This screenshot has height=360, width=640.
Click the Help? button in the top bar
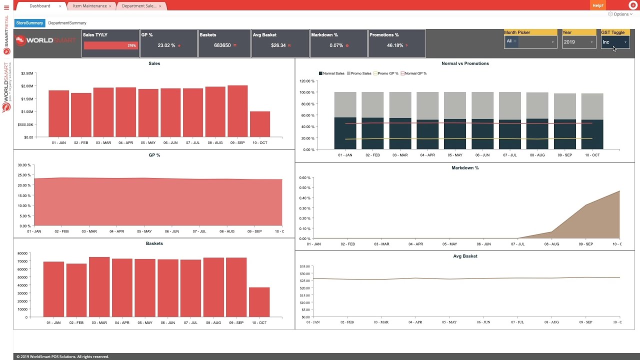[597, 5]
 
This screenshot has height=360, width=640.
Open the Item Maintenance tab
[89, 6]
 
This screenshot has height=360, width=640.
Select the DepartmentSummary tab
[67, 23]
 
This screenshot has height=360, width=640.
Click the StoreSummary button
[29, 23]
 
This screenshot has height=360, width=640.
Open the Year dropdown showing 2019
[578, 42]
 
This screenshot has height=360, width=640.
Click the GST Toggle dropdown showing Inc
[614, 42]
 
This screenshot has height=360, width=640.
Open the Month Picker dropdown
[530, 42]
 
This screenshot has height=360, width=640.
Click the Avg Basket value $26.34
[278, 45]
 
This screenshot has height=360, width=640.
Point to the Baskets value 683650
[222, 45]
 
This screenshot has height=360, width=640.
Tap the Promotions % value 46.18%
[395, 45]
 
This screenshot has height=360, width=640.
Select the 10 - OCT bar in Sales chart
[259, 124]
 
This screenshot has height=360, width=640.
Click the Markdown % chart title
[465, 168]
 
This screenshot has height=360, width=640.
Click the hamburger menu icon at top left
[6, 7]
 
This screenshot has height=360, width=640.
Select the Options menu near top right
[620, 14]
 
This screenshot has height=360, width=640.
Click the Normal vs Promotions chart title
[465, 63]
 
